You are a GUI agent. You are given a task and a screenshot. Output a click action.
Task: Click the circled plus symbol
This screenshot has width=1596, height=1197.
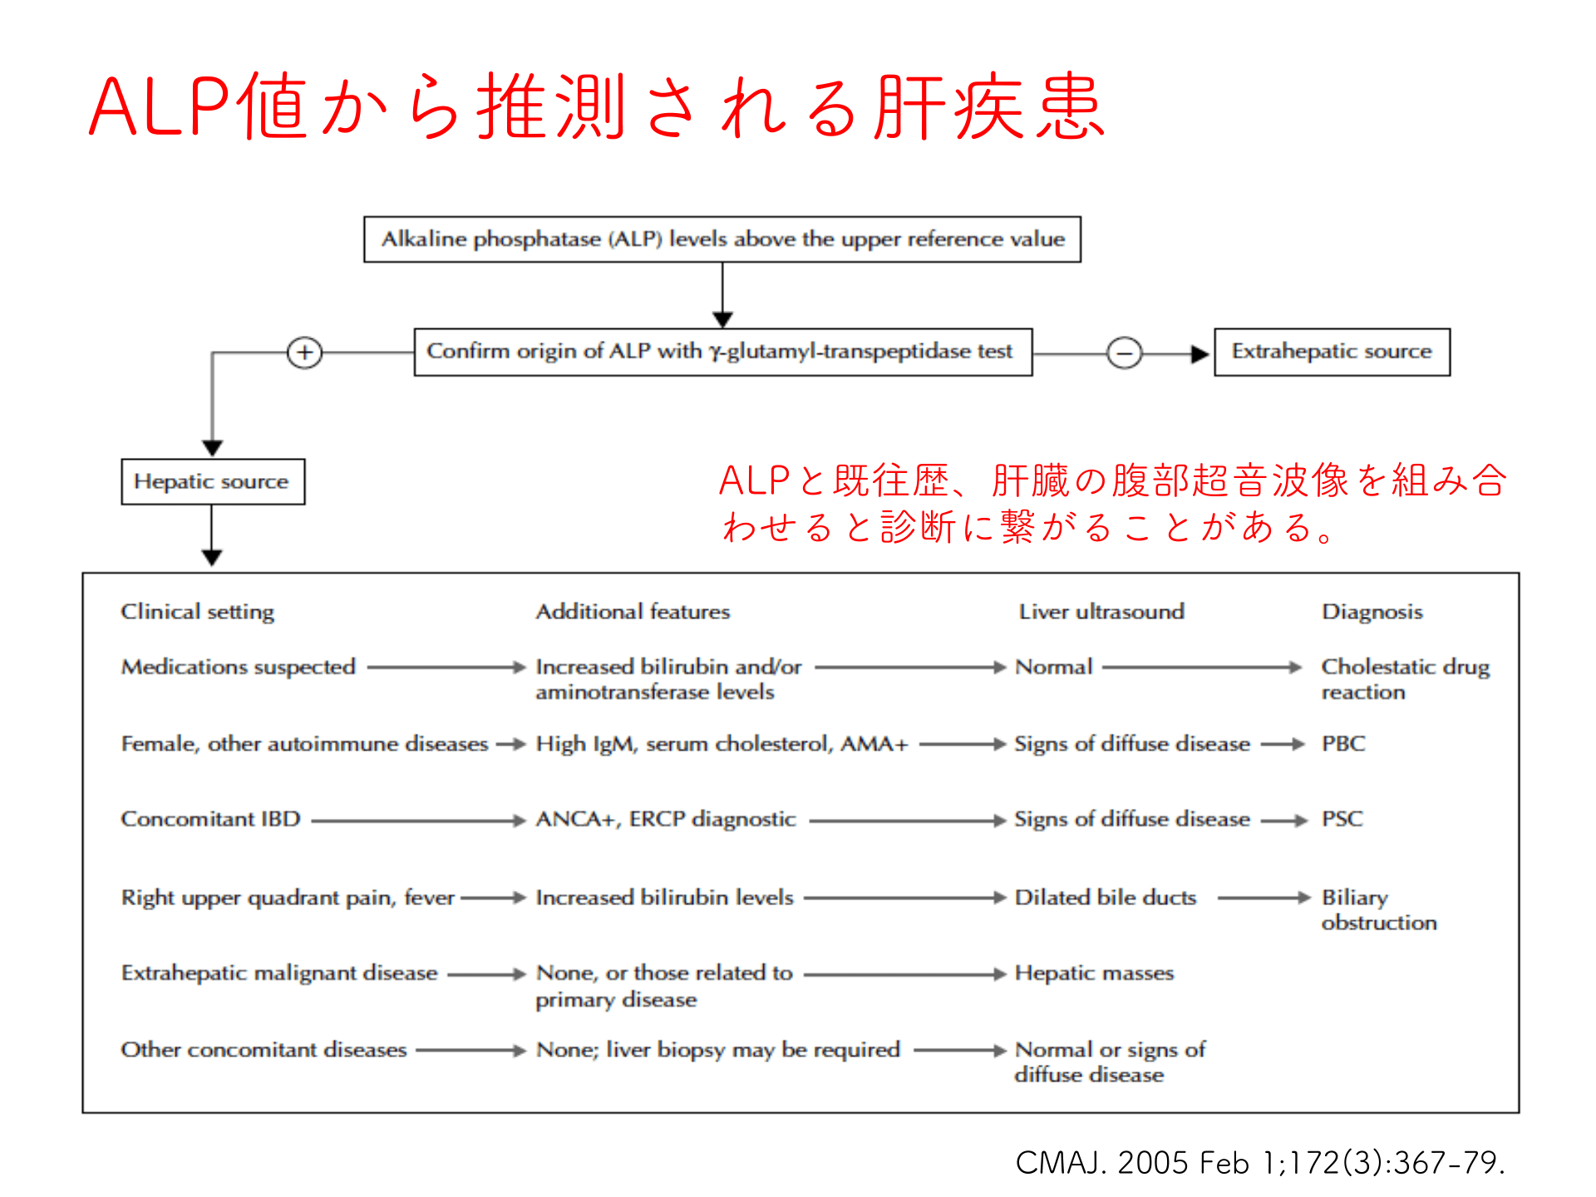point(304,353)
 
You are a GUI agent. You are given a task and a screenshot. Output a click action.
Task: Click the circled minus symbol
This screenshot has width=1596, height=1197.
point(1124,353)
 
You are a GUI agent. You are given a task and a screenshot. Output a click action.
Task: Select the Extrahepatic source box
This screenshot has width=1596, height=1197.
point(1332,352)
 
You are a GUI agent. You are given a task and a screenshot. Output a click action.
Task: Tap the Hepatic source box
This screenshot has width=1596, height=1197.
point(212,482)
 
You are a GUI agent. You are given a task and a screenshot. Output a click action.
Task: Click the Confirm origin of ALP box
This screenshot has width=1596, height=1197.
point(722,352)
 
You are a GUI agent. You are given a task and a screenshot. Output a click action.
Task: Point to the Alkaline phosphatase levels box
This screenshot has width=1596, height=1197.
point(722,239)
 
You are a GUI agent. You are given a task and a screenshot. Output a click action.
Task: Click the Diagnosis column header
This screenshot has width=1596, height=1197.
point(1372,612)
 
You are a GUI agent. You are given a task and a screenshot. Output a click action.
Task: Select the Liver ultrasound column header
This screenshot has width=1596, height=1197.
point(1101,612)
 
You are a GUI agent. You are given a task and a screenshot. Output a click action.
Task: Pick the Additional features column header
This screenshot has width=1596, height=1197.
point(633,612)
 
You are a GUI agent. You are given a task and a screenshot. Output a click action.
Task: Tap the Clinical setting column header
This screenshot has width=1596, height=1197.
point(197,612)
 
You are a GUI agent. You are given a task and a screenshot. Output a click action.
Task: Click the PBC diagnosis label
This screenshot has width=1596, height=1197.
point(1343,743)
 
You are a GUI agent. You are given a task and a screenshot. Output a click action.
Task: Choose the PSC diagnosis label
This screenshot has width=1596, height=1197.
point(1342,819)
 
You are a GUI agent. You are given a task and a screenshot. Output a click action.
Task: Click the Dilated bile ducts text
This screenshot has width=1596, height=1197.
point(1105,898)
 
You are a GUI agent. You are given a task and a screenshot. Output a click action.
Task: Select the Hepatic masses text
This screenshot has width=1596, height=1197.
point(1094,973)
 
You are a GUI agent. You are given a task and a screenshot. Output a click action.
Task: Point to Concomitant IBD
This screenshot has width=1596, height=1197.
point(210,819)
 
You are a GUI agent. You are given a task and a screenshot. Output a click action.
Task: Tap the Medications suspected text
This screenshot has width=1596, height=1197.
point(238,667)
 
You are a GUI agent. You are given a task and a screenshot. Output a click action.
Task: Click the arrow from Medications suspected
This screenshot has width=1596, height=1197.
point(446,667)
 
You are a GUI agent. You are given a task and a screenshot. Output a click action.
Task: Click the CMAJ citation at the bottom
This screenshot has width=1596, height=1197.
point(1259,1162)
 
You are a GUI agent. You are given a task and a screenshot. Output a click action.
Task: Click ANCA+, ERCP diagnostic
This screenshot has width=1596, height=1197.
point(665,819)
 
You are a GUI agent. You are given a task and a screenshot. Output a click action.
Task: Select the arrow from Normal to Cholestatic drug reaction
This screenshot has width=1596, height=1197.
point(1201,667)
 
